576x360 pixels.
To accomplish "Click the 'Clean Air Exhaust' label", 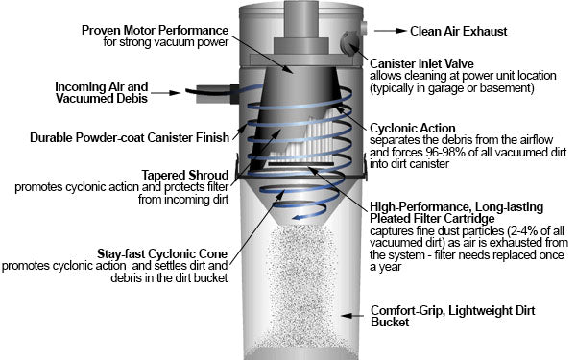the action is click(459, 32).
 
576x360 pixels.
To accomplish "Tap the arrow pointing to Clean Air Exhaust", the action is click(391, 31).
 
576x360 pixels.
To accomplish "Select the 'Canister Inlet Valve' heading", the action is click(421, 63).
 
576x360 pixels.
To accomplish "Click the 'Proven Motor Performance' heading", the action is click(155, 30).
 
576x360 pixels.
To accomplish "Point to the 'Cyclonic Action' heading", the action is click(413, 129).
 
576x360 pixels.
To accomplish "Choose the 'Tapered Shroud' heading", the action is click(185, 175).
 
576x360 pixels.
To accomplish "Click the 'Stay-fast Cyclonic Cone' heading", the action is click(162, 253).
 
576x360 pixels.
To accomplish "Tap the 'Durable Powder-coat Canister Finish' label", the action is click(130, 137).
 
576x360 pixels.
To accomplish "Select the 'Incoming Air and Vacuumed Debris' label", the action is click(102, 92).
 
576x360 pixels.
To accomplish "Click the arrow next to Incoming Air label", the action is click(165, 92).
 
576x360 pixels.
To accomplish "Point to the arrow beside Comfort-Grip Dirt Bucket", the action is click(352, 316).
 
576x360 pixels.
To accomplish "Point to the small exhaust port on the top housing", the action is click(364, 29).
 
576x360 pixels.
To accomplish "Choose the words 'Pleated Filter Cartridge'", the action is click(432, 219).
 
